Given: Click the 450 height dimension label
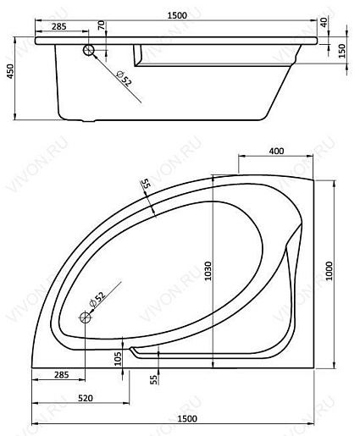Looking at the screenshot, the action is [x=10, y=71].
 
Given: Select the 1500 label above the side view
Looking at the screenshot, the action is [x=177, y=15].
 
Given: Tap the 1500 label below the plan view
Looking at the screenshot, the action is [x=187, y=418].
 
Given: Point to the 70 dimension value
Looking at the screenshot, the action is [x=102, y=25].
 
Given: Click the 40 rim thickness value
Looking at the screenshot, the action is [x=324, y=22].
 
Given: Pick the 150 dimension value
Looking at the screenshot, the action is [x=341, y=51].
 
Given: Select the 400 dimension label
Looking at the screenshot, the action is [x=276, y=152].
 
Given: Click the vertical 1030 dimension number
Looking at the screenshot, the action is [x=208, y=271].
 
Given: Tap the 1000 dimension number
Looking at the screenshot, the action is [x=329, y=271].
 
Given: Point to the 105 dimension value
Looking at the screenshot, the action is [x=119, y=359].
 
